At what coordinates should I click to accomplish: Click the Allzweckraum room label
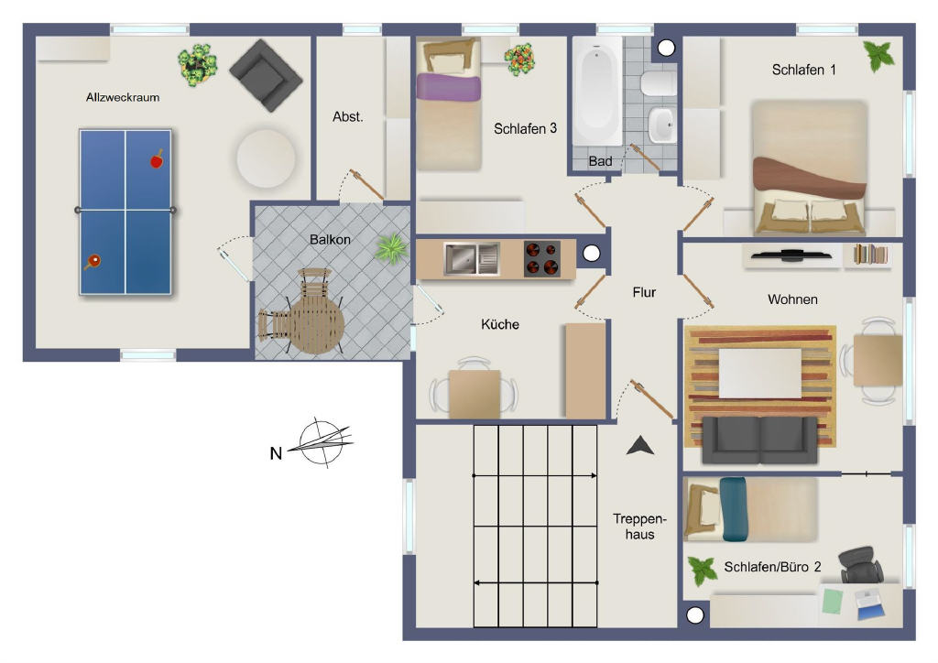123,97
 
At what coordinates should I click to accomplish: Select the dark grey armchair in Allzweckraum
266,75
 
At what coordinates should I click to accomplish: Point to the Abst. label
347,117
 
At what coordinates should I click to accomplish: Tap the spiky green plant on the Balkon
391,248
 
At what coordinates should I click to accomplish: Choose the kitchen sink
472,259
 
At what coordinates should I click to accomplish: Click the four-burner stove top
542,259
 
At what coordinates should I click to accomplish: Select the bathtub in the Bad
597,91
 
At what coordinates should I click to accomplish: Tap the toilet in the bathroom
658,83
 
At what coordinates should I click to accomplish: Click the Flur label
644,292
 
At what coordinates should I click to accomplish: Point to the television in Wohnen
791,255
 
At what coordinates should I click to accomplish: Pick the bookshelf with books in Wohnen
870,255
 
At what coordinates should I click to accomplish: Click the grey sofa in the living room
759,440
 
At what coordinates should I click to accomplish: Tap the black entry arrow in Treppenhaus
640,446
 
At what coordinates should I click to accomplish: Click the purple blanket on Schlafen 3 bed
449,87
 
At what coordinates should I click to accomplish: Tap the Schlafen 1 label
803,70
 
